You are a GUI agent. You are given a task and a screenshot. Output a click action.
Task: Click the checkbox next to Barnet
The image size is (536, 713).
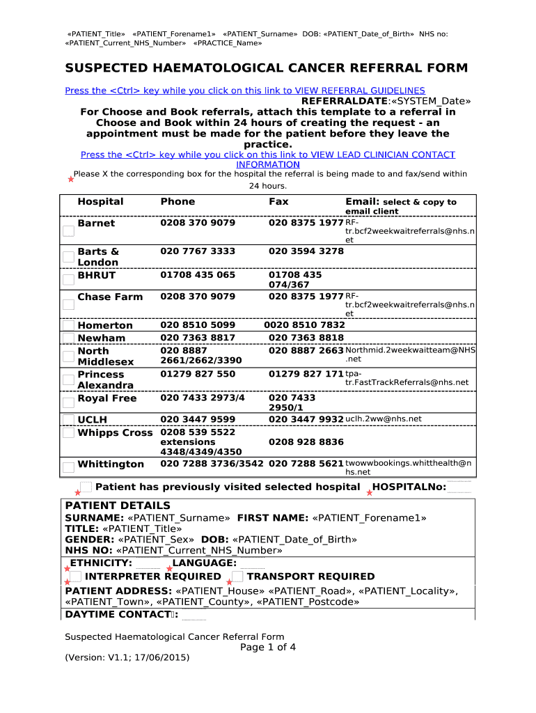click(x=68, y=232)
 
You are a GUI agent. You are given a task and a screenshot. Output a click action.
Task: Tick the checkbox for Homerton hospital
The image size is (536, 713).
click(x=68, y=325)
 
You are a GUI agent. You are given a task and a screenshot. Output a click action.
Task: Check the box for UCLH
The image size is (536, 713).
click(x=68, y=419)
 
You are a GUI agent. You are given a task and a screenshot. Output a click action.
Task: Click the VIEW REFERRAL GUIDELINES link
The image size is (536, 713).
click(x=244, y=91)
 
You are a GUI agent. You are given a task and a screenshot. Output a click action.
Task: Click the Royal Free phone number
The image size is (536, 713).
click(x=203, y=398)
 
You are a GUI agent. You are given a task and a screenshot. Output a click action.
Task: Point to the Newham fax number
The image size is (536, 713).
click(x=306, y=338)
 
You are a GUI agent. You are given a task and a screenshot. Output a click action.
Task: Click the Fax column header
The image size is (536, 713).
click(x=278, y=202)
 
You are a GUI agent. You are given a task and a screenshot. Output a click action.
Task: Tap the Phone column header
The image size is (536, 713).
click(x=178, y=202)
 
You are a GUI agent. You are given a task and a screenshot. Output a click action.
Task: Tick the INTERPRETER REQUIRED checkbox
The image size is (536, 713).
click(x=75, y=577)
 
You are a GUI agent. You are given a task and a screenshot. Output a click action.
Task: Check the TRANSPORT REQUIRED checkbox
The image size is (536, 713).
click(x=237, y=577)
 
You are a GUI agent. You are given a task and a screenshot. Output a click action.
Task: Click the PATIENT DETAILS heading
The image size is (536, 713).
click(x=117, y=506)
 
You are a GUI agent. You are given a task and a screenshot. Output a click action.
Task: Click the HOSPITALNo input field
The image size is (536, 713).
click(x=459, y=487)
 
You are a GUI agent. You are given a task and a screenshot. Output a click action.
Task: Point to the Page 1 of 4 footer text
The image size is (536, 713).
click(x=268, y=648)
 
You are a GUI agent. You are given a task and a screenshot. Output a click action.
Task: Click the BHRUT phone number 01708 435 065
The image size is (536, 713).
click(x=198, y=275)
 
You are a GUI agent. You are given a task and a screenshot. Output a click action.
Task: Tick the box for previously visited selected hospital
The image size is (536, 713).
click(x=86, y=487)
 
